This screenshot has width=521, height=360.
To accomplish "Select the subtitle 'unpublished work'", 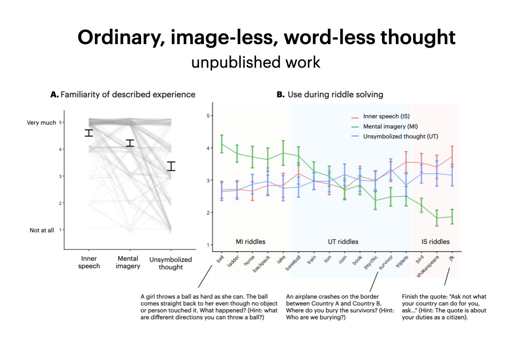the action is point(256,62).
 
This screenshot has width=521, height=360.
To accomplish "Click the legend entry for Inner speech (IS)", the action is point(380,117).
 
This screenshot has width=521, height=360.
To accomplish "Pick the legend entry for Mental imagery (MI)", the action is point(385,127).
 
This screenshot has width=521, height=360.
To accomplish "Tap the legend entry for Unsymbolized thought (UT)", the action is point(395,136).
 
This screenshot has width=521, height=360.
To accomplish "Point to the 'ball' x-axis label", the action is point(220,259).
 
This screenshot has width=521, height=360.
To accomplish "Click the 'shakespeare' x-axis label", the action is point(428,266).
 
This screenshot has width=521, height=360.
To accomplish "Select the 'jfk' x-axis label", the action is point(452,258).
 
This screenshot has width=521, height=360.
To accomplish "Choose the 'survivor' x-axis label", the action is point(386,262).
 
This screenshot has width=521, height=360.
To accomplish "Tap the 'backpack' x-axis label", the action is point(261,264).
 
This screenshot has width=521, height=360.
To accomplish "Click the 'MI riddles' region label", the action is point(250,242).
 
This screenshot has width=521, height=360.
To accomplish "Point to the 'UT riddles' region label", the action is point(343,242).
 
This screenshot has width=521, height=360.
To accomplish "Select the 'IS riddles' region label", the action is point(435,242).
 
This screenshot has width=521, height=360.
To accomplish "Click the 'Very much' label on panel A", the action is point(42,122).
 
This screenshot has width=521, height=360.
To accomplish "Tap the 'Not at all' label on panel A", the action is point(42,230).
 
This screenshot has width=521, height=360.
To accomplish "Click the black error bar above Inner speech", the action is point(89,133).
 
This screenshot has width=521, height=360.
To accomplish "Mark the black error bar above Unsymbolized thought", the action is point(171,166).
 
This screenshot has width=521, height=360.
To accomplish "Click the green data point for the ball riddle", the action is point(222,144).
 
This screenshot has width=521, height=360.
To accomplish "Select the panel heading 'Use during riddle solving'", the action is point(335,95).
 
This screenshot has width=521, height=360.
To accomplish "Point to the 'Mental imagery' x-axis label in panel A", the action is point(128,263).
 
